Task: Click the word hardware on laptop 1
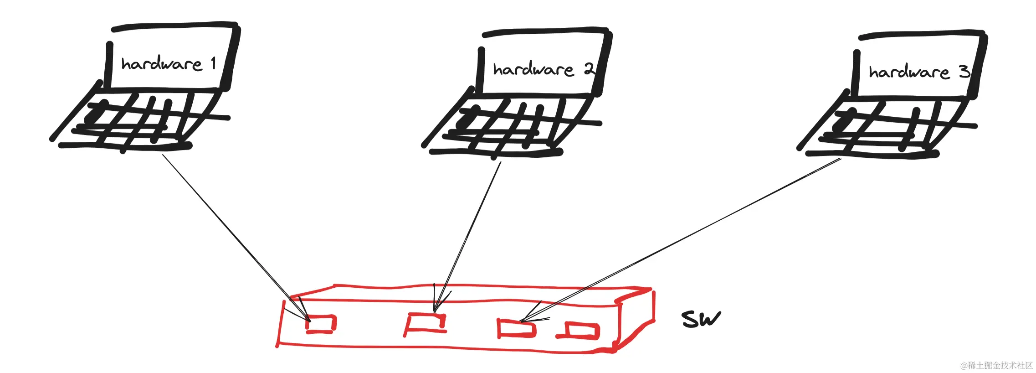click(x=161, y=64)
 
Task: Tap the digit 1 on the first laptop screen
click(x=213, y=63)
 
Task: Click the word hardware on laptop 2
click(x=533, y=69)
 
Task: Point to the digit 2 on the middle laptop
click(x=589, y=69)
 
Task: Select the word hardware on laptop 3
click(x=908, y=72)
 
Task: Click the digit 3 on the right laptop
click(x=964, y=71)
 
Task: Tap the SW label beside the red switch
click(x=701, y=319)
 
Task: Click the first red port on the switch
click(x=322, y=324)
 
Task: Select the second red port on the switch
click(x=426, y=323)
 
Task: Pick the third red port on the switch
click(x=516, y=328)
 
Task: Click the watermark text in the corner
click(x=996, y=365)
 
